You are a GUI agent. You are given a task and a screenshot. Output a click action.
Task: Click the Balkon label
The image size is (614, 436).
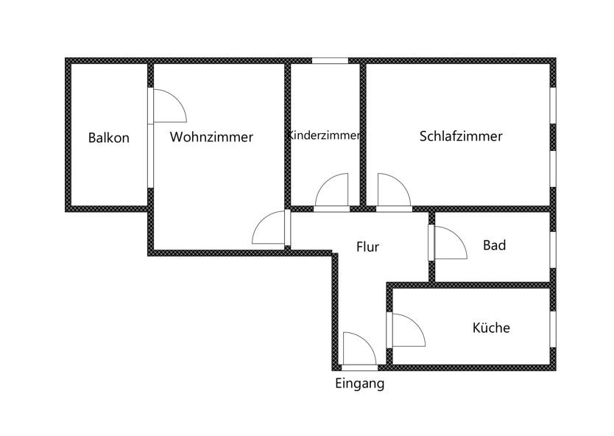[x=108, y=138]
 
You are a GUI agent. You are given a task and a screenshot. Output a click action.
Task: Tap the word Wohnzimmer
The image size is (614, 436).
[x=211, y=137]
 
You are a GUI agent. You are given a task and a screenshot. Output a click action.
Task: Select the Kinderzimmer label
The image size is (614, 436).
[x=325, y=136]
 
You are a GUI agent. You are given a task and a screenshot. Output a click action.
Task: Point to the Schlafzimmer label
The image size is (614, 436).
[x=461, y=136]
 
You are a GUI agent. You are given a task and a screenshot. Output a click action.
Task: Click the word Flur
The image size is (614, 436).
[x=367, y=247]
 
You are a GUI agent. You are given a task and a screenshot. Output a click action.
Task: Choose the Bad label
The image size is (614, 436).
[x=494, y=245]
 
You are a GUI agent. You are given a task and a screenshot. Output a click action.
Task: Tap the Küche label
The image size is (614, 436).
[x=491, y=328]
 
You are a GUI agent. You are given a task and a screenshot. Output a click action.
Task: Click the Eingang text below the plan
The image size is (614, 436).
[x=360, y=383]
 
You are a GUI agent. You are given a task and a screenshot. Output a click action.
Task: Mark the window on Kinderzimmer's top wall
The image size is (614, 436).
[x=329, y=60]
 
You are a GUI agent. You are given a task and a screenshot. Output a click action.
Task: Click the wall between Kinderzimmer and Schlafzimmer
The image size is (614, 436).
[x=363, y=133]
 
